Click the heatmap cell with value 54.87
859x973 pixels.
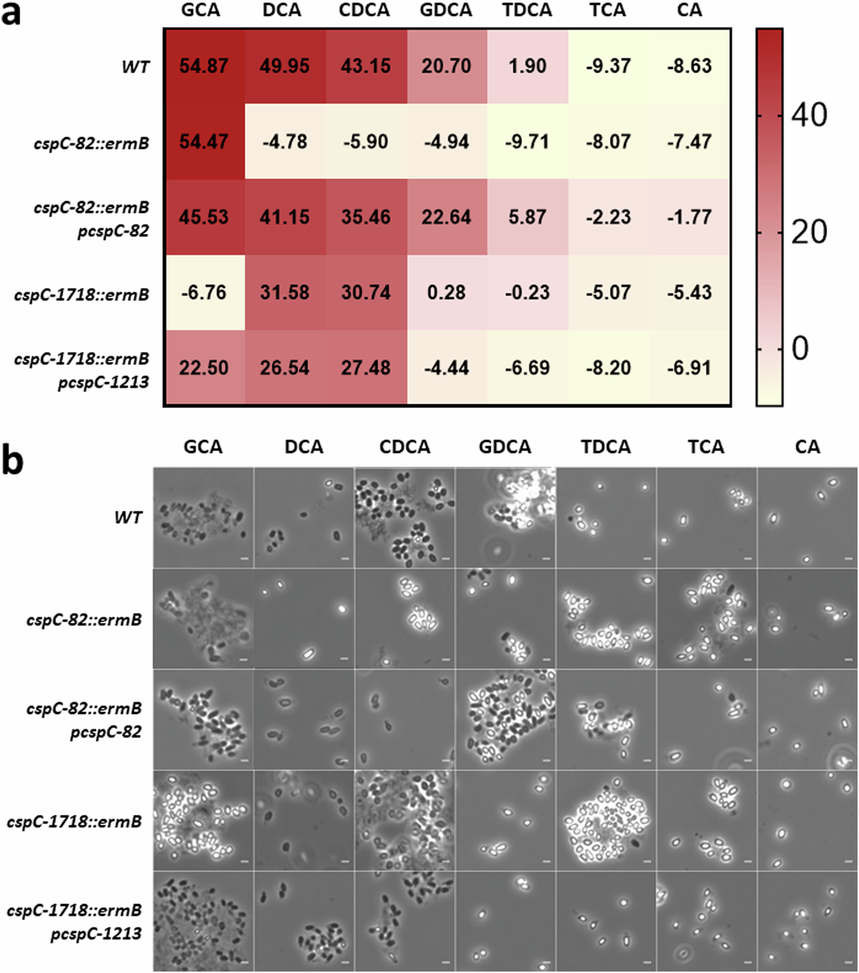point(204,66)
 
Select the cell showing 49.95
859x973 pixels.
point(284,66)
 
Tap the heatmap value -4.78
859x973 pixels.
point(284,141)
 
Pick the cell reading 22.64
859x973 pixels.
point(446,217)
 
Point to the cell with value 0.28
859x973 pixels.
point(446,293)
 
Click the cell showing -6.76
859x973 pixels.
point(204,293)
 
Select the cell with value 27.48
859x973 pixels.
point(366,368)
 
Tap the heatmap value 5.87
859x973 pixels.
point(527,217)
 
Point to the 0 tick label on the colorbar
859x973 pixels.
point(800,348)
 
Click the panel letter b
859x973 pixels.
point(12,460)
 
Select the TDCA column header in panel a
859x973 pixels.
point(527,10)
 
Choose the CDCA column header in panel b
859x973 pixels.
point(405,447)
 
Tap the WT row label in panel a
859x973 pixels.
point(136,66)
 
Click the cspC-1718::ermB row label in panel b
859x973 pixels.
point(74,821)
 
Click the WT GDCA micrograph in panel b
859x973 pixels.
point(505,517)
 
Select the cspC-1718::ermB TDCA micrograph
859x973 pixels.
point(606,820)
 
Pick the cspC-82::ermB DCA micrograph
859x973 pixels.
point(304,618)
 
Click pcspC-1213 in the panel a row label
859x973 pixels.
point(104,382)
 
